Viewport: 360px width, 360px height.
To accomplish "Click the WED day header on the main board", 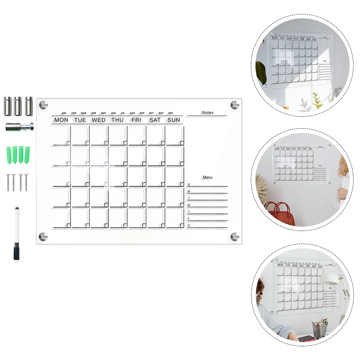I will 98,120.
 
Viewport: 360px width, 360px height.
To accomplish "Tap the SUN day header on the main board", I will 174,120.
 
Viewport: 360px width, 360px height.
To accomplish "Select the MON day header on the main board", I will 61,120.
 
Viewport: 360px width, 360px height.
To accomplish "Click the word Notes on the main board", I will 208,112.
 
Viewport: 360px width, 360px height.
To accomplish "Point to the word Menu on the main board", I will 208,177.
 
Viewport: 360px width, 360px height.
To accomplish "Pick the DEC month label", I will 170,113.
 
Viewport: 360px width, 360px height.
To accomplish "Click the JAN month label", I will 64,113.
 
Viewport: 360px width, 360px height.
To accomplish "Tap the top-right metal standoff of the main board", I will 235,105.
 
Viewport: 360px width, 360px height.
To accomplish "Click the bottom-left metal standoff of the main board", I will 43,236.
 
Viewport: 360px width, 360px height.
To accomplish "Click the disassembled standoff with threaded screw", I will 19,126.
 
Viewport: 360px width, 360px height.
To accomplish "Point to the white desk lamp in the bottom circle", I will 330,278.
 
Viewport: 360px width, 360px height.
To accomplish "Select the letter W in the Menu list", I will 189,205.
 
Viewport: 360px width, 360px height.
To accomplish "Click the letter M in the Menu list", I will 189,191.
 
